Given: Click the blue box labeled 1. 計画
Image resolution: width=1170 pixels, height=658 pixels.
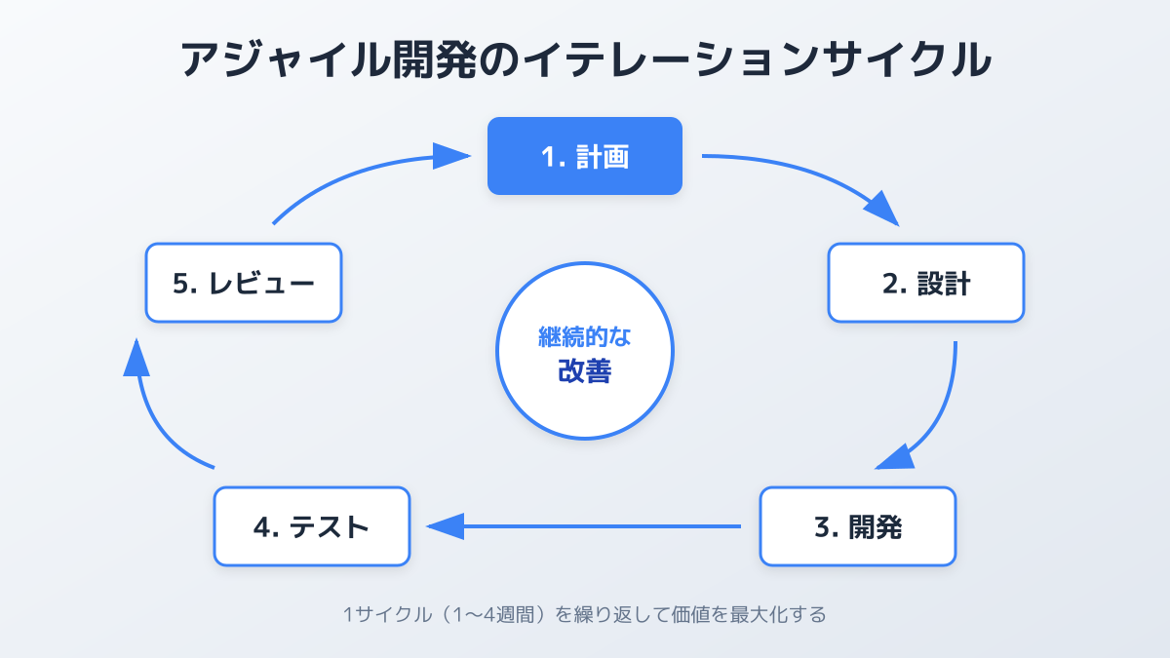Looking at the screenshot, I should (584, 156).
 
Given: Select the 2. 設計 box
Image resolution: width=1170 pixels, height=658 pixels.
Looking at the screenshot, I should (925, 283).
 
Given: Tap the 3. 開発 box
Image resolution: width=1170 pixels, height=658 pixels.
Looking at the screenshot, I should (857, 526).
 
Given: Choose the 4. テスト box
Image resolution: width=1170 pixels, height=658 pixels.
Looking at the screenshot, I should (311, 526).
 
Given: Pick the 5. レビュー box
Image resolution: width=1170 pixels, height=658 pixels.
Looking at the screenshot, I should (243, 283).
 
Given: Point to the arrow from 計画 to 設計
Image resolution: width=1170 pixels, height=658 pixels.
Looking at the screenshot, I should (809, 175).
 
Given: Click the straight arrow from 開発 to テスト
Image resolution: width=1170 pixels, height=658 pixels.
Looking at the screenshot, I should (585, 526).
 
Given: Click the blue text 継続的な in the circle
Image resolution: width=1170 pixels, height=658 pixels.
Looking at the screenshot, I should (584, 337).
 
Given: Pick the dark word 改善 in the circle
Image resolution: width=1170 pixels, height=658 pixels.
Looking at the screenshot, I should (584, 371).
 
